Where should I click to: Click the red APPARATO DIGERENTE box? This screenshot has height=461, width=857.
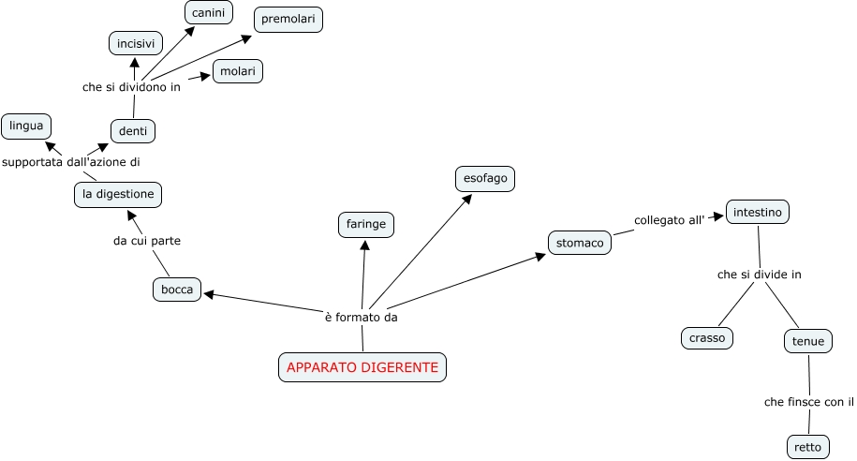362,367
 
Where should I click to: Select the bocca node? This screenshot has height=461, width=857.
177,290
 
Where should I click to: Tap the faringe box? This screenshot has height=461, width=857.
366,225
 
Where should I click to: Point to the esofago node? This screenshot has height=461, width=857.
484,177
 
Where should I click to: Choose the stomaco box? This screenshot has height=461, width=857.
580,243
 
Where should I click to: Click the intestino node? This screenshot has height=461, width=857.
758,212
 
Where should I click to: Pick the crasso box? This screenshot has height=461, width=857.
707,338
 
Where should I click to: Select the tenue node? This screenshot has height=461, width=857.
808,341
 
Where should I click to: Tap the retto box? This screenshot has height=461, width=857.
807,447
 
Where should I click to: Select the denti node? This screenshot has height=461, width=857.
132,131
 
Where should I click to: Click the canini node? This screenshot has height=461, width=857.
208,13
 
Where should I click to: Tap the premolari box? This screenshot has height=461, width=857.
288,20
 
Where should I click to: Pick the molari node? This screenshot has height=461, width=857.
238,71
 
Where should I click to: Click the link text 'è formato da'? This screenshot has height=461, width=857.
362,317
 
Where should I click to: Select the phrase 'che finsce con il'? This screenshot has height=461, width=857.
809,402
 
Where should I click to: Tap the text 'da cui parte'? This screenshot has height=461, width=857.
147,241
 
